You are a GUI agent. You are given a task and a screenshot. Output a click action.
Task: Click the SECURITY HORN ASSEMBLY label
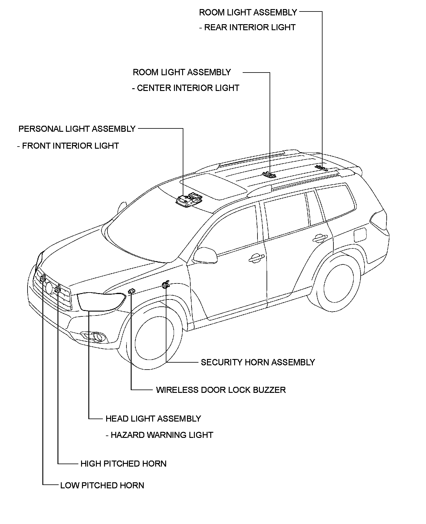click(x=258, y=362)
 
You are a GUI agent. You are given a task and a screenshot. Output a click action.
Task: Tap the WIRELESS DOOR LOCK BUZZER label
click(x=221, y=390)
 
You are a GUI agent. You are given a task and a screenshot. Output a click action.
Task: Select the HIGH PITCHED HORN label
click(x=123, y=464)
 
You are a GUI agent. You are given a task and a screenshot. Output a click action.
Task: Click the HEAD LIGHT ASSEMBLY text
click(x=153, y=419)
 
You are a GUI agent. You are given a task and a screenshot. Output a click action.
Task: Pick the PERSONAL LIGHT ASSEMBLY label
click(x=77, y=129)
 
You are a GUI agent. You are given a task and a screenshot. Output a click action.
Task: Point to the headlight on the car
click(x=101, y=301)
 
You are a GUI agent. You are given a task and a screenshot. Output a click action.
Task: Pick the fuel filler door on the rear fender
click(x=360, y=235)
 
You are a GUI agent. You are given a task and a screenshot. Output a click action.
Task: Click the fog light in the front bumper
click(x=97, y=336)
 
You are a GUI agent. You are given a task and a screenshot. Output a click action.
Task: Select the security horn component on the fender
click(x=166, y=284)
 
